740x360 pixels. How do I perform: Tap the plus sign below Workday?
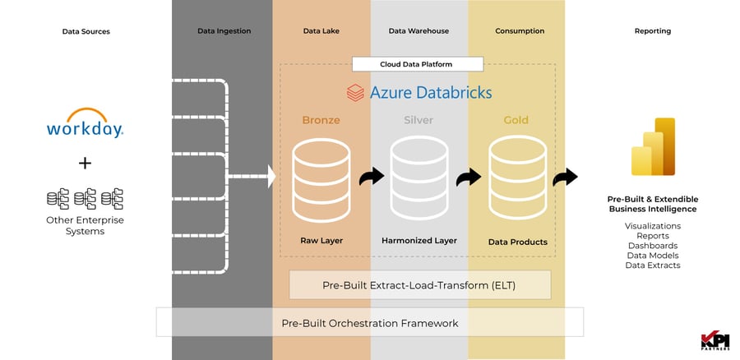point(85,163)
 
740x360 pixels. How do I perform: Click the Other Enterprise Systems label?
point(85,226)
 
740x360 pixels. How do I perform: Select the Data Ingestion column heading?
point(224,31)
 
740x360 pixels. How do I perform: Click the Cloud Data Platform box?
point(417,63)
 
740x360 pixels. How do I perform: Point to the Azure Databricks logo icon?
point(355,92)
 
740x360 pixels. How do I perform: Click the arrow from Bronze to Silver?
point(371,177)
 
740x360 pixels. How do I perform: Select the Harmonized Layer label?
point(419,241)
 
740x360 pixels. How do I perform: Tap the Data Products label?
point(516,242)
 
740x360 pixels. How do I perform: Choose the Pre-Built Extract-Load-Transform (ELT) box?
point(419,284)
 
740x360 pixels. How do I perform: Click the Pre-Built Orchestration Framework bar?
point(369,322)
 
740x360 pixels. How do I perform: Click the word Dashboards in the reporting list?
point(652,245)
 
